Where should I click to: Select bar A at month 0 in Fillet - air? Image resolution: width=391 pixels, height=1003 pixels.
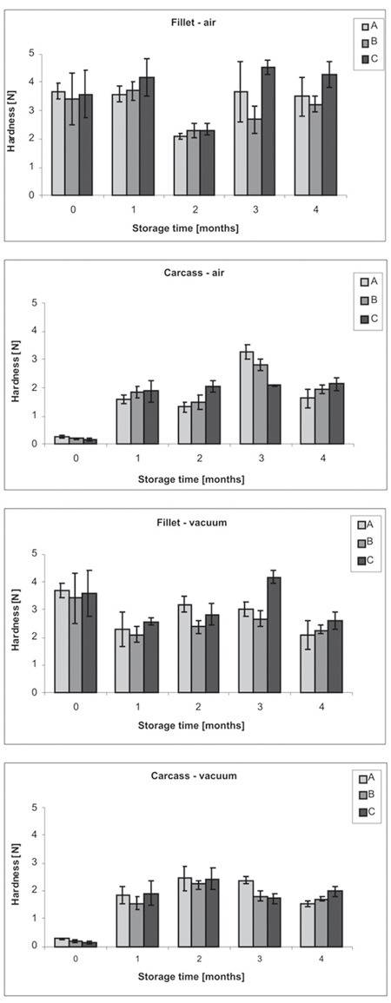point(58,143)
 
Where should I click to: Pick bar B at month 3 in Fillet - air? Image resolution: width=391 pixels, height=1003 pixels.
point(255,157)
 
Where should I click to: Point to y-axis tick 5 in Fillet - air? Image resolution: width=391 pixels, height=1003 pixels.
point(30,53)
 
